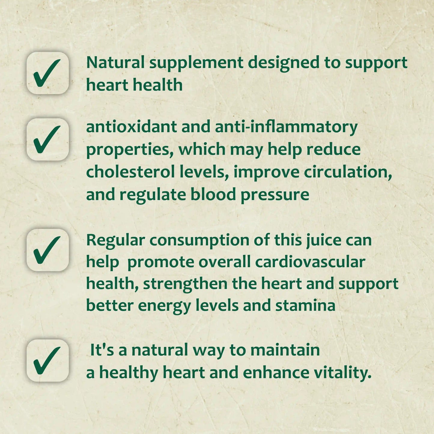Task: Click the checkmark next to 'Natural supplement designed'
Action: click(x=47, y=73)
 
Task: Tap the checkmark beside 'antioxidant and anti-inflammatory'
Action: click(x=47, y=139)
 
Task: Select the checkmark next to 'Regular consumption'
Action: click(x=47, y=250)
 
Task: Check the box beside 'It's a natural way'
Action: click(x=47, y=360)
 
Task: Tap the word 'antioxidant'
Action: click(x=131, y=127)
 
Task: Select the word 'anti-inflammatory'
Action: click(x=286, y=127)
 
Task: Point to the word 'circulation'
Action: click(x=348, y=172)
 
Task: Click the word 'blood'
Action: click(x=213, y=194)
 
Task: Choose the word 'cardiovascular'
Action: click(x=310, y=262)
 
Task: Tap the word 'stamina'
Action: click(x=305, y=305)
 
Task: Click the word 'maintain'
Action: click(x=285, y=350)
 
